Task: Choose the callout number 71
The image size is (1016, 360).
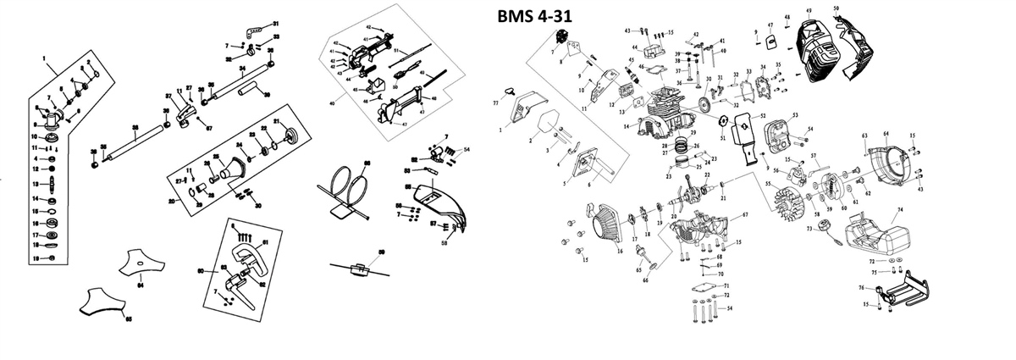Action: pyautogui.click(x=726, y=285)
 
